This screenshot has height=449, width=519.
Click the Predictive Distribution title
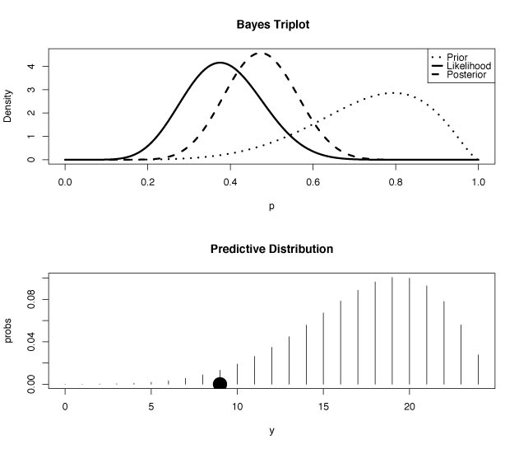point(271,248)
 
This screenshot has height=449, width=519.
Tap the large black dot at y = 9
point(220,384)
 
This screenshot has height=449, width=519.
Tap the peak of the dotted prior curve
point(395,93)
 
